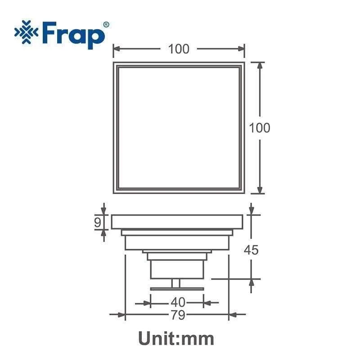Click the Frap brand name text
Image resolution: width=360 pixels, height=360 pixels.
(73, 35)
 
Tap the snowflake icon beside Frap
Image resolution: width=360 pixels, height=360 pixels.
(27, 32)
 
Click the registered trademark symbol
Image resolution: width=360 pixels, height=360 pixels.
(106, 25)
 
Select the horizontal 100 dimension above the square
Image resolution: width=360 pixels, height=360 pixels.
(179, 49)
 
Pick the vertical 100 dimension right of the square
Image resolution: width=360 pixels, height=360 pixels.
(260, 128)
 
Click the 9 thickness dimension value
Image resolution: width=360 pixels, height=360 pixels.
(98, 222)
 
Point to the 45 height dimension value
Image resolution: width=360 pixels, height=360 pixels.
(251, 250)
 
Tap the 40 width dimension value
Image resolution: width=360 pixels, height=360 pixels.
(178, 302)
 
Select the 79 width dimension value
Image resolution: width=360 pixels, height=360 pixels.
(178, 315)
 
